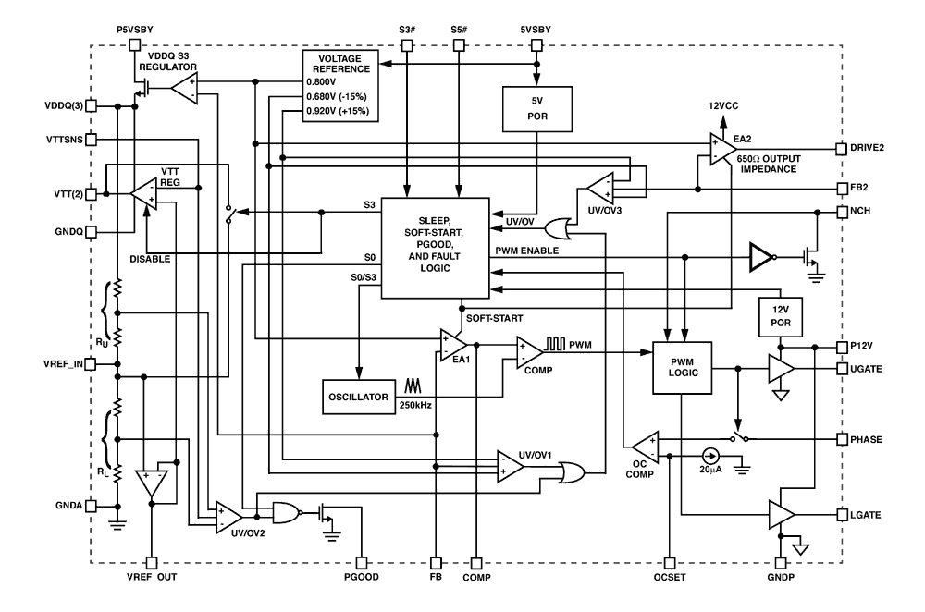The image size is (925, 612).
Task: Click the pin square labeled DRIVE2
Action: tap(840, 148)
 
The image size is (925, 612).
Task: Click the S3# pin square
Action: tap(406, 43)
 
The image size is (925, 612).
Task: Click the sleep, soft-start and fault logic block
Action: tap(435, 247)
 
